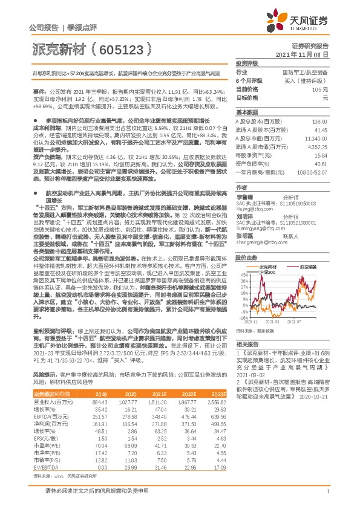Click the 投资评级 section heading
[x=246, y=63]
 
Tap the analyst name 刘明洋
[x=244, y=216]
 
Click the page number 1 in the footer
[x=327, y=498]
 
